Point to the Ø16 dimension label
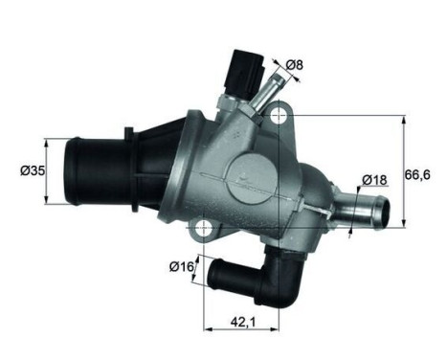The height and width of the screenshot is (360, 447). click(181, 267)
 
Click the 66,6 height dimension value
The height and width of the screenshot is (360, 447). click(416, 172)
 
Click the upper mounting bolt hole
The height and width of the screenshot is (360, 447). click(279, 116)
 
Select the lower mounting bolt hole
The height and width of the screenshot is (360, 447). click(204, 228)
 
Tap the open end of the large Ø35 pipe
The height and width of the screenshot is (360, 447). click(71, 172)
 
